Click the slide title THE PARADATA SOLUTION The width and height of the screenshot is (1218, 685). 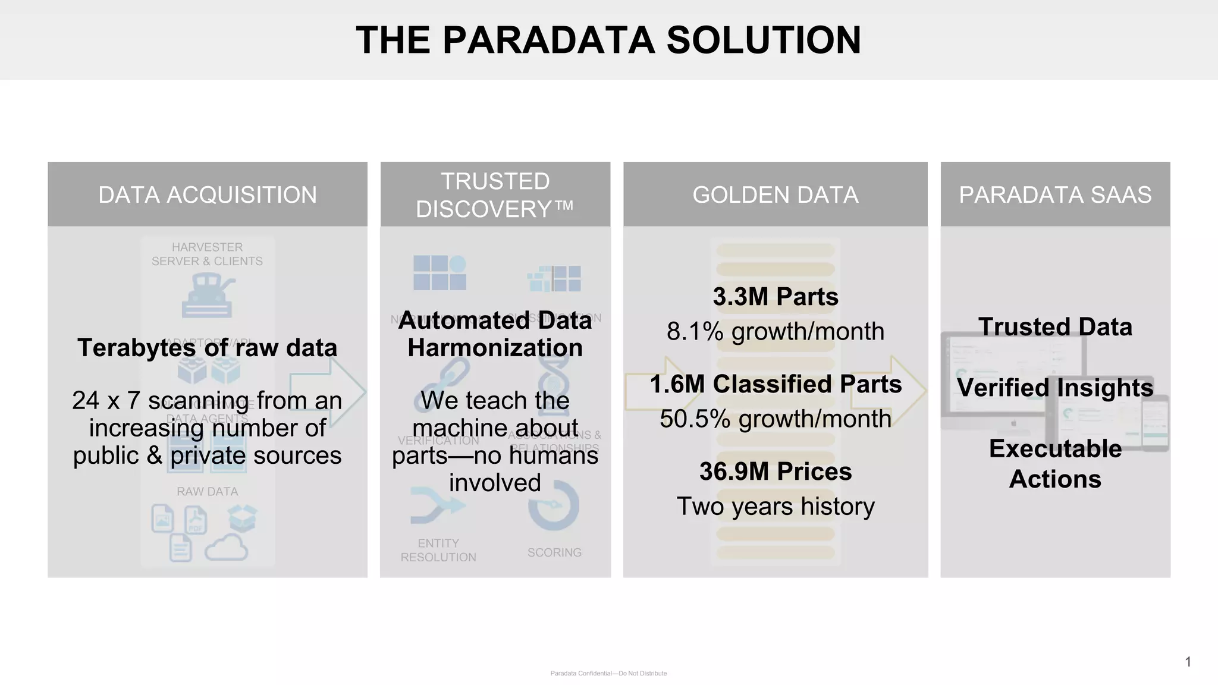pyautogui.click(x=608, y=40)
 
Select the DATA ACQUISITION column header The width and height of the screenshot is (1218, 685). pyautogui.click(x=208, y=195)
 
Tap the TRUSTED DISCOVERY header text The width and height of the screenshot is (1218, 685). pyautogui.click(x=495, y=195)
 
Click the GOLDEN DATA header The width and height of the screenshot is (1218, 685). pyautogui.click(x=775, y=195)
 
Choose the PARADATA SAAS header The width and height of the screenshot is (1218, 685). pyautogui.click(x=1055, y=195)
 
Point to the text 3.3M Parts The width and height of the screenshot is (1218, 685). pyautogui.click(x=776, y=297)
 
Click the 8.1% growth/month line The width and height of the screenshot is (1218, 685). pyautogui.click(x=776, y=331)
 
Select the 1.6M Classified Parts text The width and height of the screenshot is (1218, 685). pyautogui.click(x=776, y=384)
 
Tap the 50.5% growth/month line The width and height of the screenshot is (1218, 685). pyautogui.click(x=776, y=419)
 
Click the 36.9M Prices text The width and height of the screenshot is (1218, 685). pyautogui.click(x=776, y=472)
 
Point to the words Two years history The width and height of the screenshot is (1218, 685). pyautogui.click(x=776, y=506)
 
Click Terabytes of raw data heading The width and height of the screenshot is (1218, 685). pyautogui.click(x=207, y=348)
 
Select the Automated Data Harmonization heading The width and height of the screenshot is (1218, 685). pyautogui.click(x=495, y=334)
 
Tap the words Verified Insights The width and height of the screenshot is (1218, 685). pyautogui.click(x=1055, y=388)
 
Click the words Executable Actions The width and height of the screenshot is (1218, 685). pyautogui.click(x=1055, y=464)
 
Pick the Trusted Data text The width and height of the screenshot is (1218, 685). pyautogui.click(x=1055, y=327)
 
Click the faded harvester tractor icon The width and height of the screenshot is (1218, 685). pyautogui.click(x=207, y=296)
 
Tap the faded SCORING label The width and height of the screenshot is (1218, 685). pyautogui.click(x=554, y=552)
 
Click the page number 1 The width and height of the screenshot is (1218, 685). pyautogui.click(x=1188, y=662)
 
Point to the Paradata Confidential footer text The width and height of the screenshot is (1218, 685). pyautogui.click(x=608, y=673)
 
